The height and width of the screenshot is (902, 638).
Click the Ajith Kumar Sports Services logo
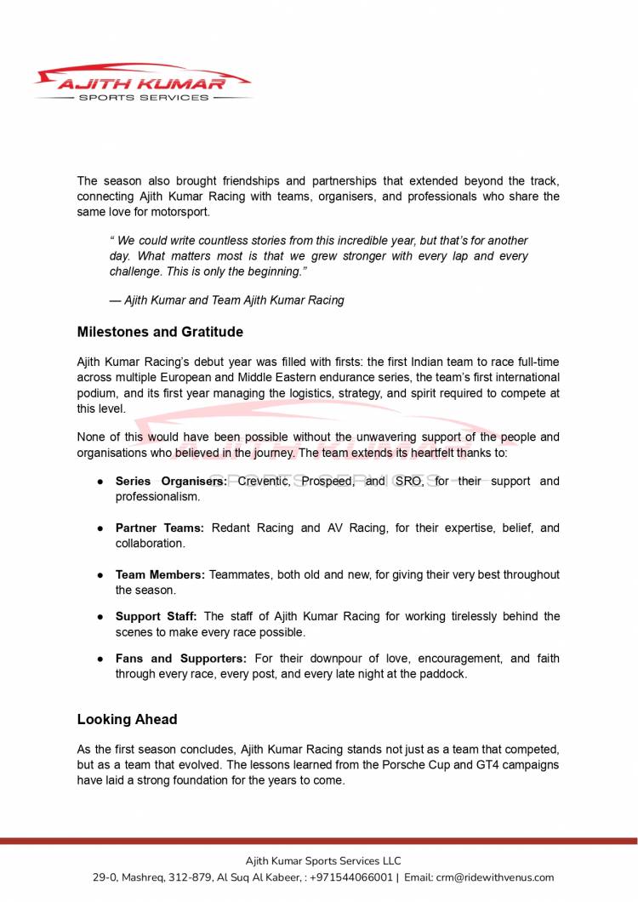143,83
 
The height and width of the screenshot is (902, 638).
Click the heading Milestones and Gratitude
160,332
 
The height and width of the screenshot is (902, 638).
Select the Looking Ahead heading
127,719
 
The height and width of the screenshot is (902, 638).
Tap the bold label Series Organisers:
171,481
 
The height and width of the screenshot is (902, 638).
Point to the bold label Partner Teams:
159,528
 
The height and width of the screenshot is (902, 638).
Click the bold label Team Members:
160,574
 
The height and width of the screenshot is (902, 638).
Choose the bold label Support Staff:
157,616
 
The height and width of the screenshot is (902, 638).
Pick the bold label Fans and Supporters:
181,659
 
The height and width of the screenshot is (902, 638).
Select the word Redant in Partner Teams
231,528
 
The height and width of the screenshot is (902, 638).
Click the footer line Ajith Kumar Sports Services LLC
323,860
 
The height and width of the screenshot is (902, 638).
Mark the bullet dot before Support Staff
99,617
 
